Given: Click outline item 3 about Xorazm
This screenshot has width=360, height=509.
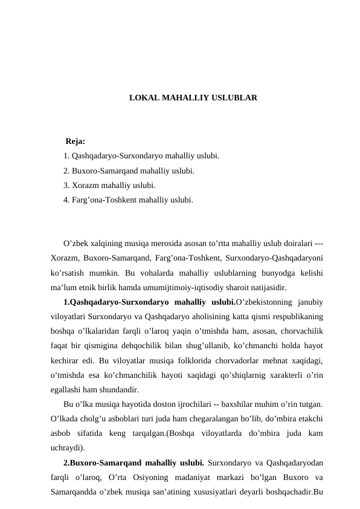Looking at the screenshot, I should point(109,185).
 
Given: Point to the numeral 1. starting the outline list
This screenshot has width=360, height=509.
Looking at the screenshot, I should point(66,156).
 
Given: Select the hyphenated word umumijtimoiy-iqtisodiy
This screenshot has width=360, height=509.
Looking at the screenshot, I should point(181,287).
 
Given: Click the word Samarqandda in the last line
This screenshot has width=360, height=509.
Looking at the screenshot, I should point(75,488).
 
